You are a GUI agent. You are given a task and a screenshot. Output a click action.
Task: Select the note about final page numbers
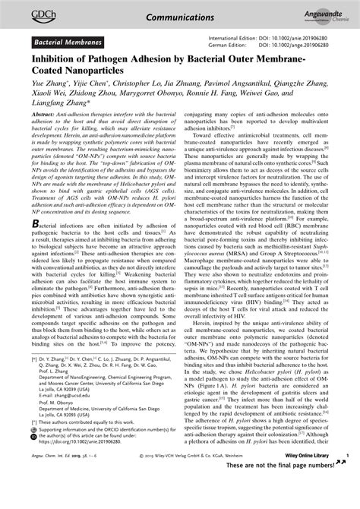pos(296,506)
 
